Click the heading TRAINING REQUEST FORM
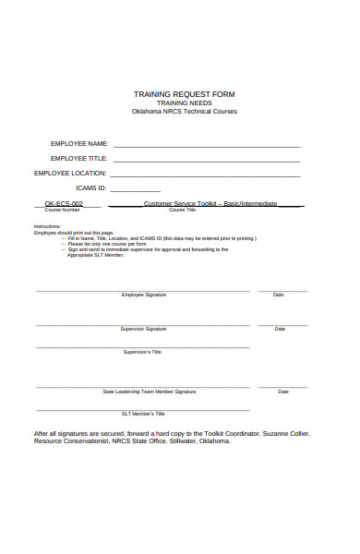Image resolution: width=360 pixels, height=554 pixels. [x=184, y=94]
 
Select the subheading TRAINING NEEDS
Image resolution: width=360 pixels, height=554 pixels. [x=184, y=102]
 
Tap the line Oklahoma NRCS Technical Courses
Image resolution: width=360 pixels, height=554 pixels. [x=184, y=111]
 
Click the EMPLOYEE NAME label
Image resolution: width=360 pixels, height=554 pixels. [x=79, y=144]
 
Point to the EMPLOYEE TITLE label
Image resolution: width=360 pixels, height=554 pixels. [x=79, y=159]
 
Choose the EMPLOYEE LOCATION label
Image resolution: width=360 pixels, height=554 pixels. [x=71, y=173]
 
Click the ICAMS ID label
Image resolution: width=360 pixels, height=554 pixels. [x=91, y=187]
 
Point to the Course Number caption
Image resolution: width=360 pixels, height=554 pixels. [x=57, y=211]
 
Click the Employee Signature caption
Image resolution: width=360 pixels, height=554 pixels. [x=143, y=295]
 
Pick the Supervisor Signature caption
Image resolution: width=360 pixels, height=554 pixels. [x=143, y=329]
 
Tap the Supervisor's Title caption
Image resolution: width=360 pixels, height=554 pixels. [x=142, y=352]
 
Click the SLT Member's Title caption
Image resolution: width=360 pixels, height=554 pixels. [x=142, y=414]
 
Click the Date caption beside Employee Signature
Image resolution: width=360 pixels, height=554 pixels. [x=279, y=295]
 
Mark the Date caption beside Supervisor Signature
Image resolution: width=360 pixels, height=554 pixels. [x=280, y=329]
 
